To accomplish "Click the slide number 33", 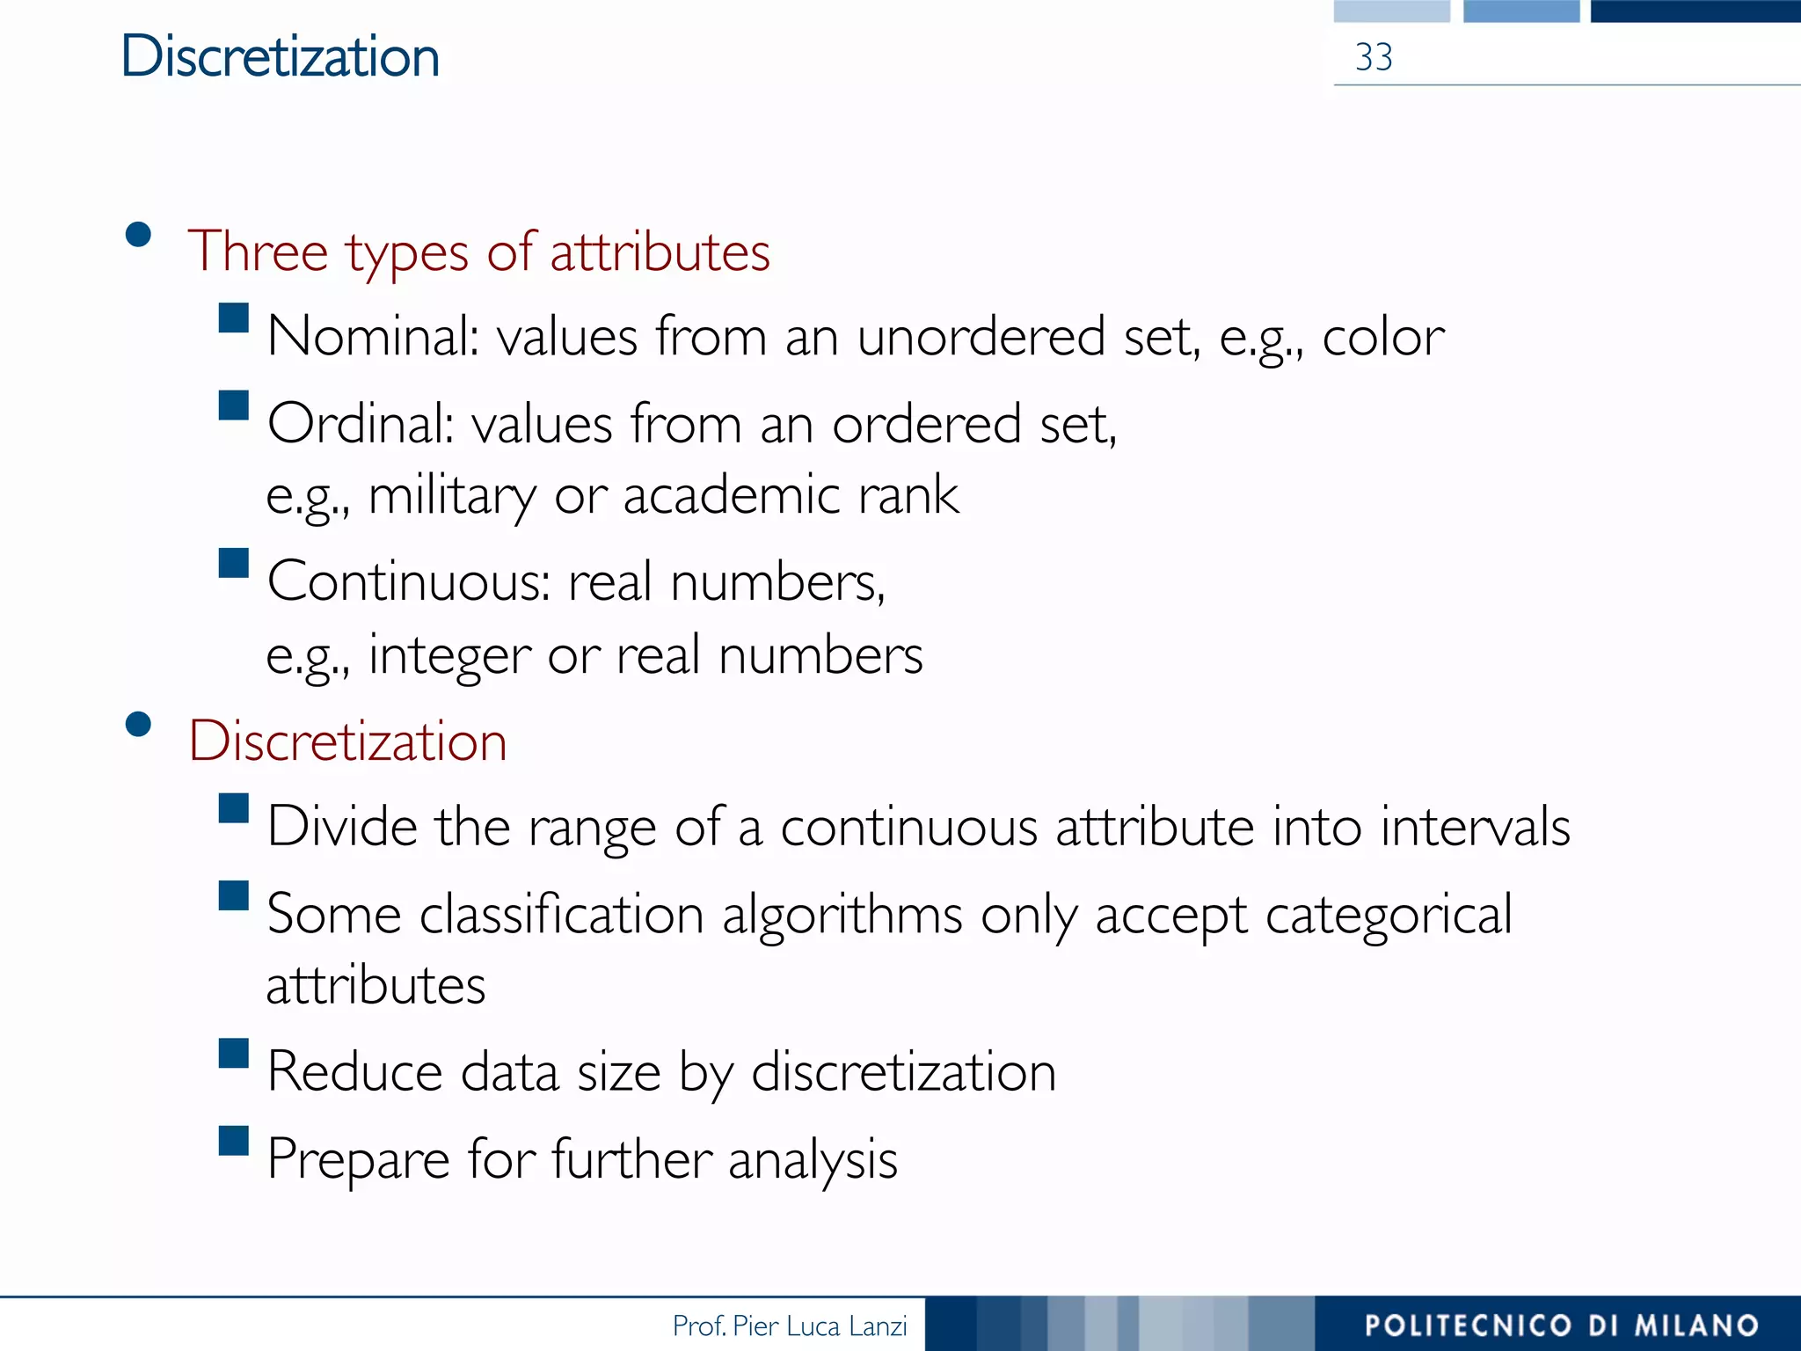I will [x=1374, y=58].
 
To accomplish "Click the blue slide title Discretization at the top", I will [x=280, y=57].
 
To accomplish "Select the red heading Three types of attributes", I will [x=479, y=252].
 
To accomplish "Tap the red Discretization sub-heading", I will [x=347, y=741].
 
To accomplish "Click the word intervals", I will [x=1475, y=828].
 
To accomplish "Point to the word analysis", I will [x=813, y=1160].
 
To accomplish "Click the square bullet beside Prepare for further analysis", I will [x=234, y=1141].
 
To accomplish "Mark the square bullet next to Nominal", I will [x=234, y=318].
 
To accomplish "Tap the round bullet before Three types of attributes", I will [x=139, y=234].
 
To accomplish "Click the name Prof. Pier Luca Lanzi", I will [x=789, y=1325].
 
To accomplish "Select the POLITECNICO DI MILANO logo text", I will [x=1561, y=1325].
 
